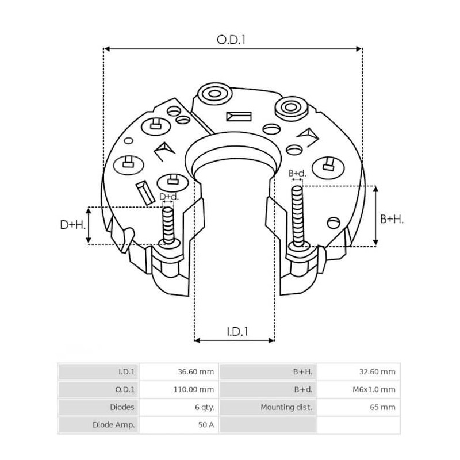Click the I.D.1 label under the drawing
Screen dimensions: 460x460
click(x=236, y=331)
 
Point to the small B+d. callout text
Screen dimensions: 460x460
click(x=297, y=172)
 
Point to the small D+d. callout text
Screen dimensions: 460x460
click(x=168, y=197)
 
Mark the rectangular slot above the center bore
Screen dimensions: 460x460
click(x=239, y=116)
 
